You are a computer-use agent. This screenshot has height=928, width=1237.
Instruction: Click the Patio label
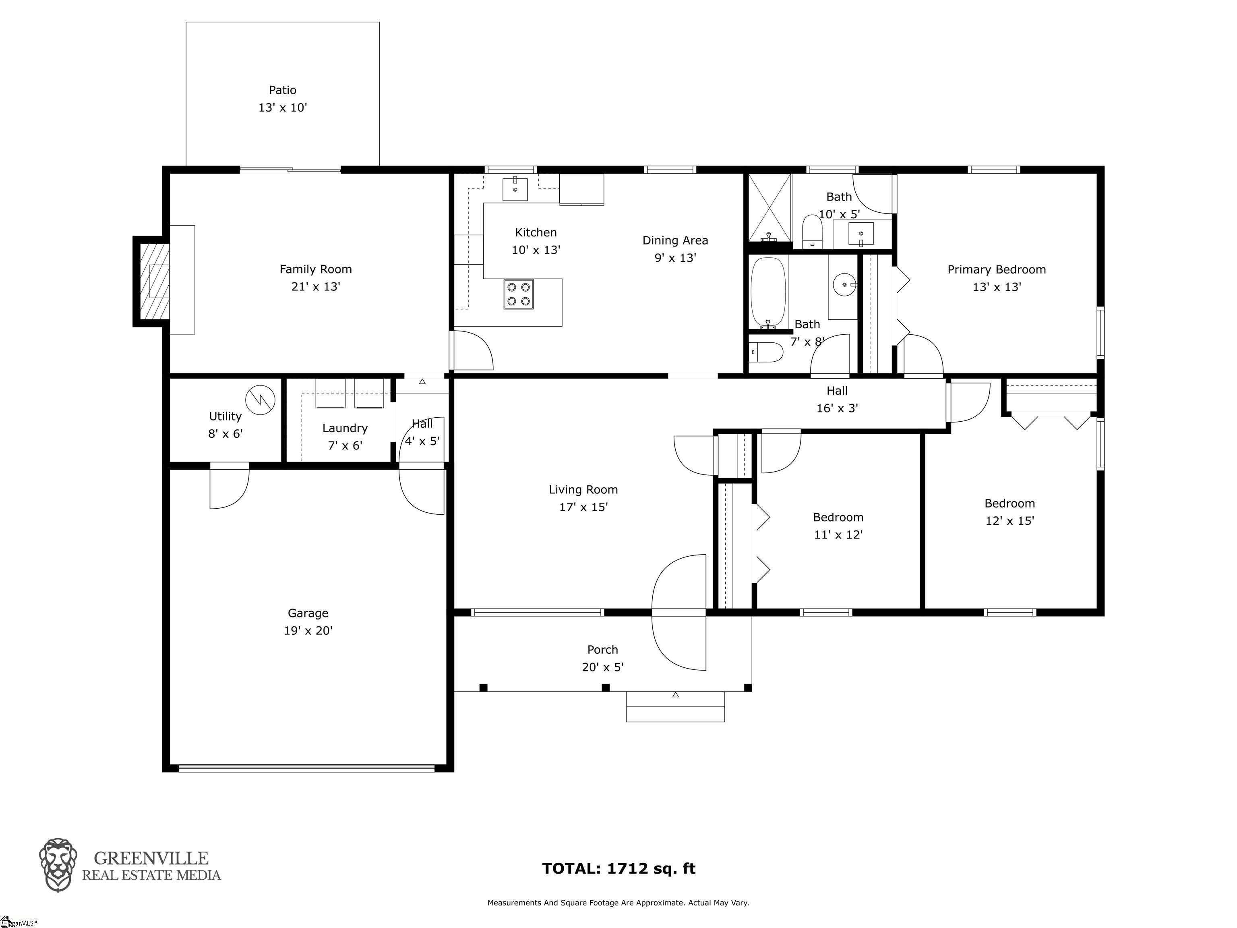282,90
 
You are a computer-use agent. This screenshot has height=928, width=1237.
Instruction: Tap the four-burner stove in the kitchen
518,294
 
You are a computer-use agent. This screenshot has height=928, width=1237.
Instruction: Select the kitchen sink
515,188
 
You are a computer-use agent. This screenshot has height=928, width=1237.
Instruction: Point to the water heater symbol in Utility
261,400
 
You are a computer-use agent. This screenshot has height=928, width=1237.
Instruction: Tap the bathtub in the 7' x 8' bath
768,292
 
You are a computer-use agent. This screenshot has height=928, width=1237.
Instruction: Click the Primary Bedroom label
997,269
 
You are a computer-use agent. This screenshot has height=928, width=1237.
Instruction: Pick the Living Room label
583,490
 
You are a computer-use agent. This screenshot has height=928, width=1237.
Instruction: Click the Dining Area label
675,240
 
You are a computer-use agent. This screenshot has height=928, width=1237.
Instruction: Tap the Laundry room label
345,429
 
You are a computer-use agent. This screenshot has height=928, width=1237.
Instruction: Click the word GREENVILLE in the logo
151,858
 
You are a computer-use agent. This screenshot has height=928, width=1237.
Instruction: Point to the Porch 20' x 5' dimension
603,667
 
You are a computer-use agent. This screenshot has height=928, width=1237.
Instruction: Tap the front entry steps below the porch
676,706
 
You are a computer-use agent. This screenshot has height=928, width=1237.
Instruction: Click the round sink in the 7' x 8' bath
843,285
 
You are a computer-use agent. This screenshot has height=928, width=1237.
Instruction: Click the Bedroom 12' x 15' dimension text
1010,521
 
